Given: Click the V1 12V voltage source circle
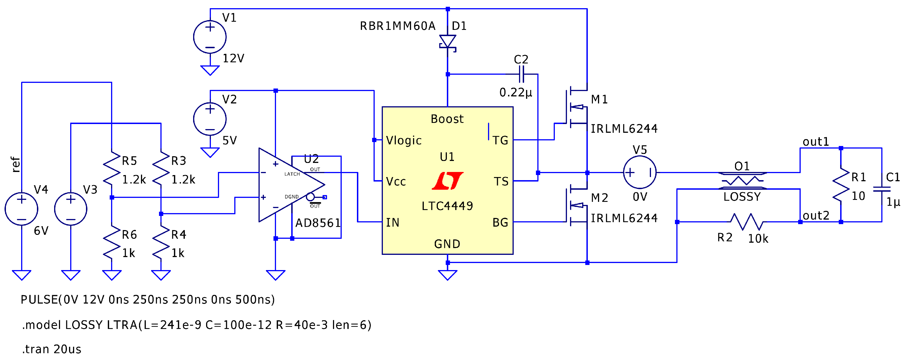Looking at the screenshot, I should pos(210,37).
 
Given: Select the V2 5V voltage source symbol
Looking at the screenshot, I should pos(210,119).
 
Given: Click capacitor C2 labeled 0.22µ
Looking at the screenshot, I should pos(521,74).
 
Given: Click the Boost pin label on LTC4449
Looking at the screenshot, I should pos(447,119).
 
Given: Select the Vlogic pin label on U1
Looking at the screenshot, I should pos(404,140).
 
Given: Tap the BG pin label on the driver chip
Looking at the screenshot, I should pos(500,222).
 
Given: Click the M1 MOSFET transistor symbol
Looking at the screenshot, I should pos(576,107).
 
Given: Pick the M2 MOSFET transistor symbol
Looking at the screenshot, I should pos(576,206).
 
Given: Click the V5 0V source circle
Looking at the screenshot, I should pos(639,173).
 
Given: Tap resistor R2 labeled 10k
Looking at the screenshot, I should pos(746,222).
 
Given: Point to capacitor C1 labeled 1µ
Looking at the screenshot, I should pos(882,189).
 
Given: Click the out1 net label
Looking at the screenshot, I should pos(815,142).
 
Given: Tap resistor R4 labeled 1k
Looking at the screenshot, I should pos(161,242).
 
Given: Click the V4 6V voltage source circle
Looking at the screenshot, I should pos(21,209).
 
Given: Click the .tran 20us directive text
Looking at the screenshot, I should pos(52,349).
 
